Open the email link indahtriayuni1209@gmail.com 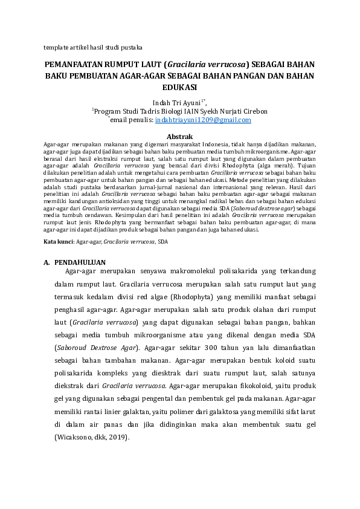(x=203, y=120)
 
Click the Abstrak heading (x=179, y=137)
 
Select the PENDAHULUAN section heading (x=80, y=263)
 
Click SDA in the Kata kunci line (x=162, y=241)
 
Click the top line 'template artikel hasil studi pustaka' (x=93, y=47)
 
